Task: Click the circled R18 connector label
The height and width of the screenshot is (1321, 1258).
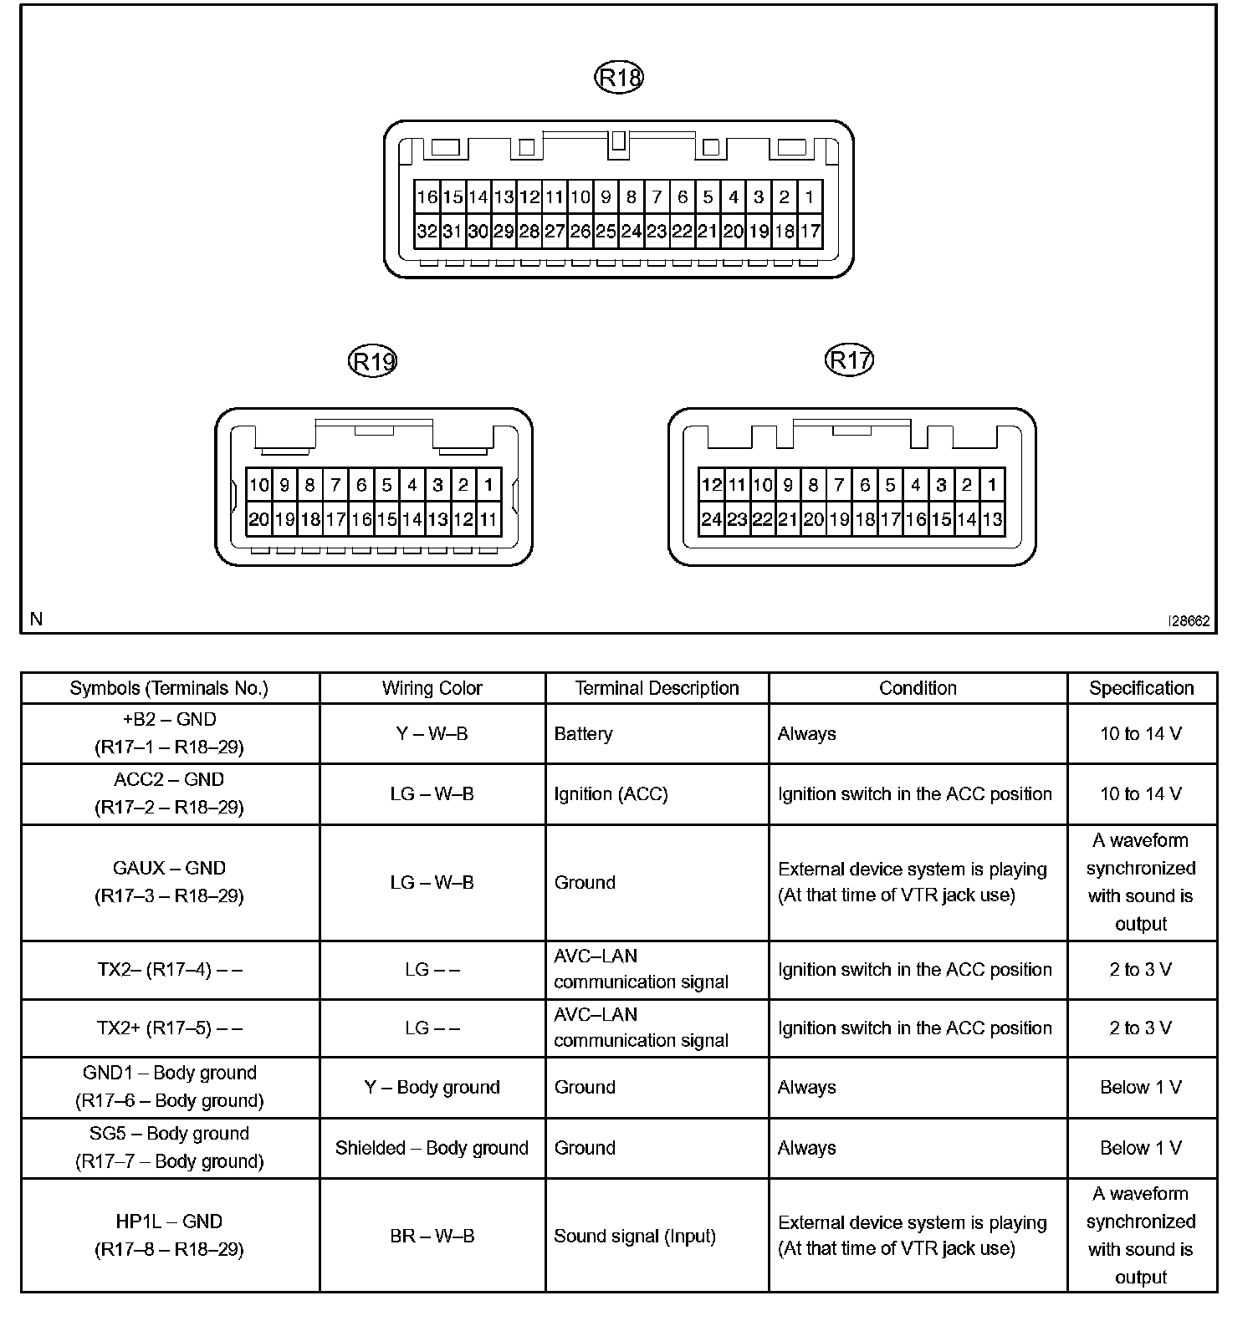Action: click(x=619, y=78)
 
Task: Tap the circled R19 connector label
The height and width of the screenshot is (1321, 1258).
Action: click(x=372, y=362)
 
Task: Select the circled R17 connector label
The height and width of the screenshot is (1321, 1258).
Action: click(x=849, y=360)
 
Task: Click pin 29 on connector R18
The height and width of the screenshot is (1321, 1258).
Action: click(x=504, y=232)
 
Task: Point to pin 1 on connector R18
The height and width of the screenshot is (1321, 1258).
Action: click(x=810, y=197)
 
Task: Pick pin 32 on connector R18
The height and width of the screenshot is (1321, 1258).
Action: click(x=427, y=232)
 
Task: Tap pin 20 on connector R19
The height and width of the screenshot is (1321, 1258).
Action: click(x=259, y=519)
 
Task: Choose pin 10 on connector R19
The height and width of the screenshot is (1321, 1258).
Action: click(x=259, y=485)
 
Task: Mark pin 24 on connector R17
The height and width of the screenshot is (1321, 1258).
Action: click(x=711, y=519)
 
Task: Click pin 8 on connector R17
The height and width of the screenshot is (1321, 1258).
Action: click(x=813, y=485)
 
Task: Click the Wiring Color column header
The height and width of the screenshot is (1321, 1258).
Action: click(x=432, y=688)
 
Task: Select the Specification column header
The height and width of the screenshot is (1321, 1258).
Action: click(x=1141, y=688)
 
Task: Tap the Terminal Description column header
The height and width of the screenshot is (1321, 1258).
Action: click(x=657, y=688)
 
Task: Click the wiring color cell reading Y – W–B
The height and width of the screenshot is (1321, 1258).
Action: click(x=432, y=733)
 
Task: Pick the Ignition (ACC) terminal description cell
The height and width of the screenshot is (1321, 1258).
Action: click(x=611, y=793)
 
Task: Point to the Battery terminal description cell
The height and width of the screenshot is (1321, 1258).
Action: click(x=583, y=733)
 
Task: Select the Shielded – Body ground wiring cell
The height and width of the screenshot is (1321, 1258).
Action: click(x=432, y=1148)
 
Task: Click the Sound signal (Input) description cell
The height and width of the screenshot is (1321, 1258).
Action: click(x=635, y=1236)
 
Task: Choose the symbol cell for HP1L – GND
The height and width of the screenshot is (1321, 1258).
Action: click(x=169, y=1235)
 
